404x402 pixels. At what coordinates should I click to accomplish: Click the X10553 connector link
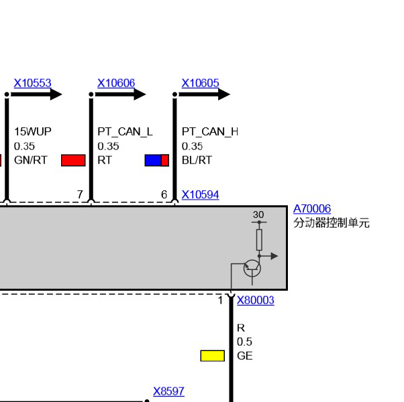tap(32, 83)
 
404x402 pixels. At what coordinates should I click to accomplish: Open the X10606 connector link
tap(116, 83)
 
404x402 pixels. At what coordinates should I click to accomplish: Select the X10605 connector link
tap(200, 83)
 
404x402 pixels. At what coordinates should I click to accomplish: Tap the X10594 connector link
tap(200, 195)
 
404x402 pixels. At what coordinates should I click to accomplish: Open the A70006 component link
tap(312, 208)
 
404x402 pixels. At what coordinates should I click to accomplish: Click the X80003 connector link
tap(255, 300)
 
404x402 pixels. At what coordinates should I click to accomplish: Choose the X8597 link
tap(168, 391)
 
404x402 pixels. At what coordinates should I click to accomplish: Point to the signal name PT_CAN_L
tap(125, 132)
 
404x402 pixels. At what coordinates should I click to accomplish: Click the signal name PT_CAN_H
tap(210, 132)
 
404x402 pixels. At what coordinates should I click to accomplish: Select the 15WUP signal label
tap(33, 132)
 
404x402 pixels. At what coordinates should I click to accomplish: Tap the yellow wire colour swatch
tap(213, 356)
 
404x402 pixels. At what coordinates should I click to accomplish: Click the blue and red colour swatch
tap(157, 160)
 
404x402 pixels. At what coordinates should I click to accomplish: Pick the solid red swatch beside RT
tap(73, 160)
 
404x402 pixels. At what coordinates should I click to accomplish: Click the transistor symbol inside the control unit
tap(252, 268)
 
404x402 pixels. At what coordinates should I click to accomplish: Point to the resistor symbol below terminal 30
tap(259, 240)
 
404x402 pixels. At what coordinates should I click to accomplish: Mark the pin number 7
tap(80, 194)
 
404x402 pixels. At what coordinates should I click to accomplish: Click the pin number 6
tap(164, 194)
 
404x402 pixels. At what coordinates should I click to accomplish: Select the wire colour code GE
tap(245, 356)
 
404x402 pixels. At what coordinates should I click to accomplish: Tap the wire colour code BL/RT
tap(197, 160)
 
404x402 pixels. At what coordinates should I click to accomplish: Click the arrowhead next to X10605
tap(224, 94)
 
